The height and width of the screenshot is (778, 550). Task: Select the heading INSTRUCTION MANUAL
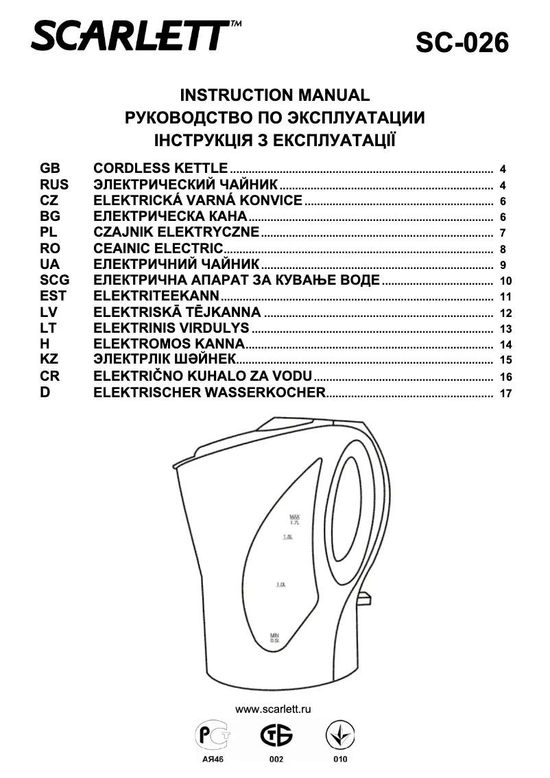[274, 95]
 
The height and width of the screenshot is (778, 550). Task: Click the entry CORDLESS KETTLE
[160, 168]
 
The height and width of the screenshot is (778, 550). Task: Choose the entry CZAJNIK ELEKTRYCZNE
[176, 233]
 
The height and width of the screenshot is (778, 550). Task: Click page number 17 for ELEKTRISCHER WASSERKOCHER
[506, 394]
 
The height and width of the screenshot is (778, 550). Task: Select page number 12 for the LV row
[506, 314]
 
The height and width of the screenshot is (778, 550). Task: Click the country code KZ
[50, 360]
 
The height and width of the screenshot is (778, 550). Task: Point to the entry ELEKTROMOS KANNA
[169, 344]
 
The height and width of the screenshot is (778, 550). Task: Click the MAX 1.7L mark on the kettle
[296, 519]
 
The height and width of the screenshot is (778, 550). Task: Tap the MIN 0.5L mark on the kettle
[274, 637]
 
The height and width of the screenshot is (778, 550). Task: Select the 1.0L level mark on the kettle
[281, 585]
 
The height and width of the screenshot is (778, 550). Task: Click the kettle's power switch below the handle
[363, 598]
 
